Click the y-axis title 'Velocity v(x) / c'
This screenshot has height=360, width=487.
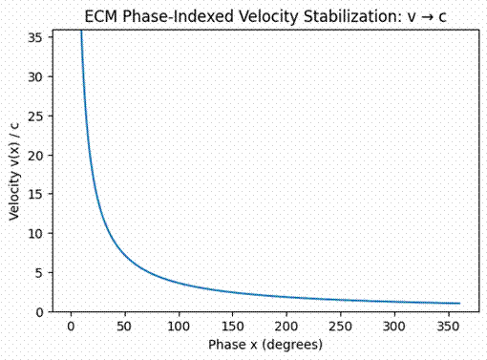15,171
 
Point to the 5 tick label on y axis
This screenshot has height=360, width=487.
40,272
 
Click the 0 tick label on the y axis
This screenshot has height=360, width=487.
40,311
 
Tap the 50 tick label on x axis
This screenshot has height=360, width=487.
124,327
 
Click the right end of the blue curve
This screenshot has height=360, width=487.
459,304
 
